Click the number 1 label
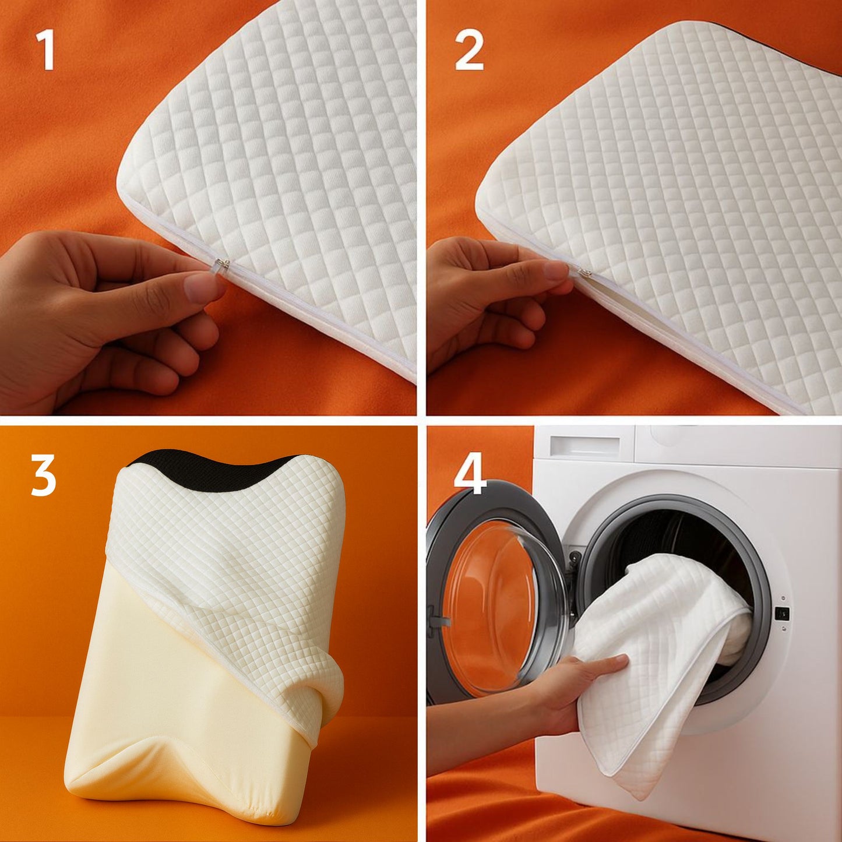coord(45,51)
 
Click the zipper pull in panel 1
coord(220,266)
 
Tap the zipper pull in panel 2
coord(583,271)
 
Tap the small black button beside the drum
coord(784,613)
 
